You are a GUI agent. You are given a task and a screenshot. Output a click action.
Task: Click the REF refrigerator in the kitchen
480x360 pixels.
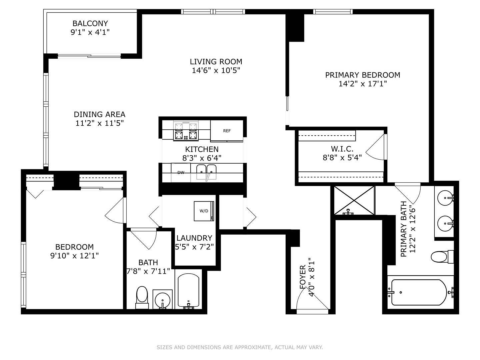[x=227, y=131]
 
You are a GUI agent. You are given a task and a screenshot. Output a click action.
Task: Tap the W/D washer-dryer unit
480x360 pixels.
[x=204, y=211]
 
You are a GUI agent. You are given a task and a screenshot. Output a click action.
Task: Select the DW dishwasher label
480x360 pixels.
[x=181, y=172]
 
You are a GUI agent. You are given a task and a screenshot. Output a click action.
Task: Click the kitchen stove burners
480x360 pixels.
[x=186, y=130]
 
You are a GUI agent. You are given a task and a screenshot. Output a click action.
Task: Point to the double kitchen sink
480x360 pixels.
[x=206, y=172]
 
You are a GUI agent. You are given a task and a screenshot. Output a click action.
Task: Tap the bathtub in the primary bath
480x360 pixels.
[x=419, y=292]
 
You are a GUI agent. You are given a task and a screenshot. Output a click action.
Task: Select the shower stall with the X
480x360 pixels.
[x=354, y=200]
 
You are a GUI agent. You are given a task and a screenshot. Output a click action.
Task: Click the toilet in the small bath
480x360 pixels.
[x=142, y=297]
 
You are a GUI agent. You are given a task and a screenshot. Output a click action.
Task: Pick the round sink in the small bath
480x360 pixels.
[x=162, y=299]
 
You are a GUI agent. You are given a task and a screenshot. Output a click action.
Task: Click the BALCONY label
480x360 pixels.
[x=90, y=23]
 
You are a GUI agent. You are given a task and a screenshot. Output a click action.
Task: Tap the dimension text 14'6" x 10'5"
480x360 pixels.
[x=216, y=71]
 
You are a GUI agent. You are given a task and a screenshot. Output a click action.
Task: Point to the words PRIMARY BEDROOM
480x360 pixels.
[x=363, y=75]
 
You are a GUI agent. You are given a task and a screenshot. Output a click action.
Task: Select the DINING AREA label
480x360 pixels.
[x=99, y=114]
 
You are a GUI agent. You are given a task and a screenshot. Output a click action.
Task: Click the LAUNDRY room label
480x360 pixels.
[x=194, y=238]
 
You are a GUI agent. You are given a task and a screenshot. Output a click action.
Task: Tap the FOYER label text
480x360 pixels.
[x=303, y=277]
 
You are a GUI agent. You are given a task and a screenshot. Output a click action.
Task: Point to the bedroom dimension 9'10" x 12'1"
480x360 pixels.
[x=75, y=256]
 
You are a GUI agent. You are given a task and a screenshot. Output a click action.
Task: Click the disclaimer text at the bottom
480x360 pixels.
[x=240, y=347]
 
